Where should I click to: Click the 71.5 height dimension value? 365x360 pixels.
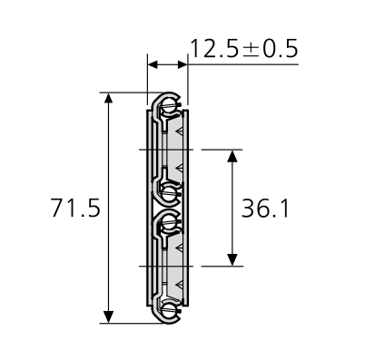coord(75,209)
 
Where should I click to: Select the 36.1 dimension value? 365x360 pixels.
coord(266,209)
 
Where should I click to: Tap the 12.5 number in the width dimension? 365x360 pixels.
coord(215,49)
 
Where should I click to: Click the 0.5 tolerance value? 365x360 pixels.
coord(281,49)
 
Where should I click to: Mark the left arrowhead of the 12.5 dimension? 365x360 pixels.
coord(153,65)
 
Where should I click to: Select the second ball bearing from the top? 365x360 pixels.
coord(169,191)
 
